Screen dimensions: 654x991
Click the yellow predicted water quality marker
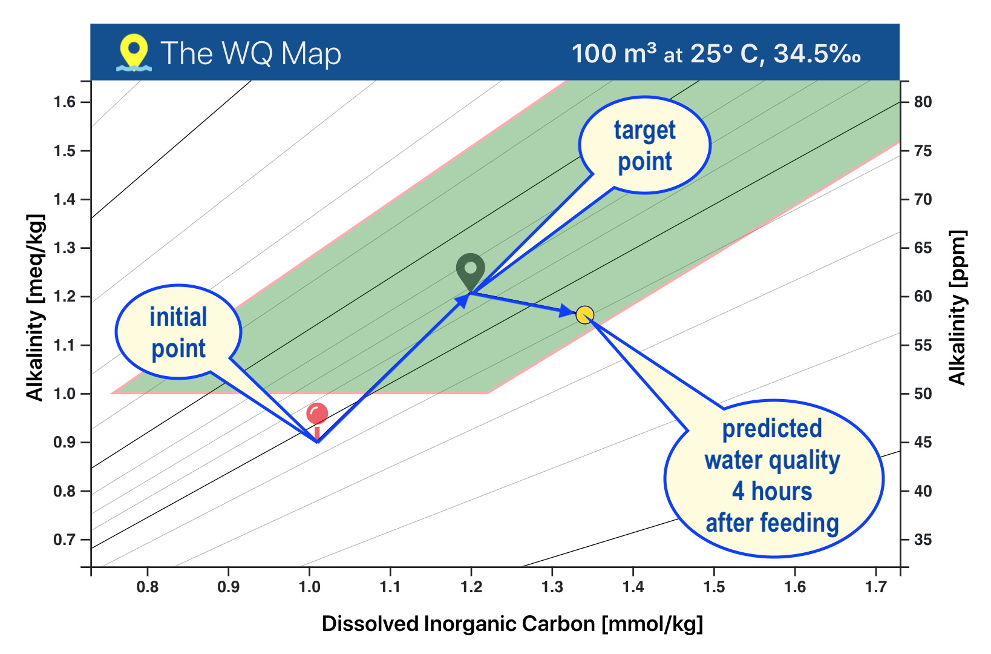(x=584, y=315)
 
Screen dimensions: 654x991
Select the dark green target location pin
(x=471, y=270)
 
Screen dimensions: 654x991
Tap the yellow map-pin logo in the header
(x=134, y=52)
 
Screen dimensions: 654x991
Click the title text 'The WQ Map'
(x=251, y=53)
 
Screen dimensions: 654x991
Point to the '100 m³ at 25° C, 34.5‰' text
(x=716, y=54)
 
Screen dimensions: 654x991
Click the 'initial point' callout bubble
(x=178, y=332)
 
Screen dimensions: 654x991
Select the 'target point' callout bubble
(x=645, y=145)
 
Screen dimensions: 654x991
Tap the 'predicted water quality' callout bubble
(x=773, y=477)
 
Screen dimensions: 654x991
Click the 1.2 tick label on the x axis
(x=471, y=587)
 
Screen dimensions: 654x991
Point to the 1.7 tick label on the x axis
(x=875, y=587)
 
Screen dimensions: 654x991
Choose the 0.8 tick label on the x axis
(x=148, y=587)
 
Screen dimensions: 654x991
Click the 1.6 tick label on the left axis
(x=64, y=102)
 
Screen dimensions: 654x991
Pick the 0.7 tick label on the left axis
(x=64, y=540)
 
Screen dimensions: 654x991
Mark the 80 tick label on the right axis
(x=923, y=102)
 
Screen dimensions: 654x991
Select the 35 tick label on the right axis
(x=923, y=540)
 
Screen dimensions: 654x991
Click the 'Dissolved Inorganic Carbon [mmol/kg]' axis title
(x=512, y=624)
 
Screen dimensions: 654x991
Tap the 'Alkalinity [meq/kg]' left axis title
(x=35, y=308)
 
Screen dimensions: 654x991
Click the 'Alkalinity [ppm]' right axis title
(x=957, y=308)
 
